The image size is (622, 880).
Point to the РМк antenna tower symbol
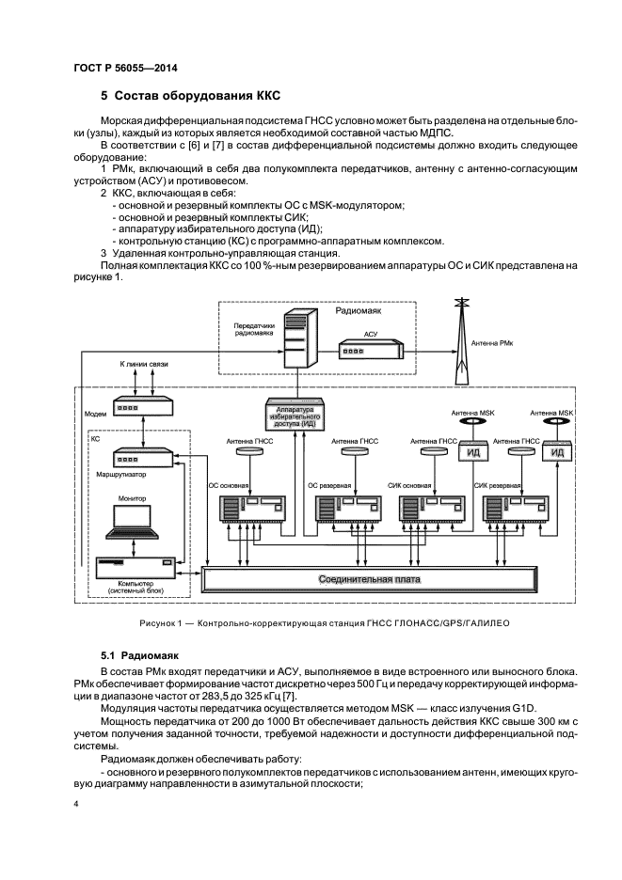pyautogui.click(x=460, y=329)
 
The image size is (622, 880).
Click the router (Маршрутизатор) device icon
pyautogui.click(x=141, y=459)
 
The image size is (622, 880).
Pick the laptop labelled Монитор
pyautogui.click(x=133, y=522)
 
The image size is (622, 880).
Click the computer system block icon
pyautogui.click(x=136, y=567)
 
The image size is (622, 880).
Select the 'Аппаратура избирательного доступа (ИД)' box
pyautogui.click(x=295, y=414)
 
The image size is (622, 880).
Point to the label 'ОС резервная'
pyautogui.click(x=329, y=486)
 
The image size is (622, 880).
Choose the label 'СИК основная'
pyautogui.click(x=409, y=486)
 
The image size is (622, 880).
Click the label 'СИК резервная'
pyautogui.click(x=497, y=486)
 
